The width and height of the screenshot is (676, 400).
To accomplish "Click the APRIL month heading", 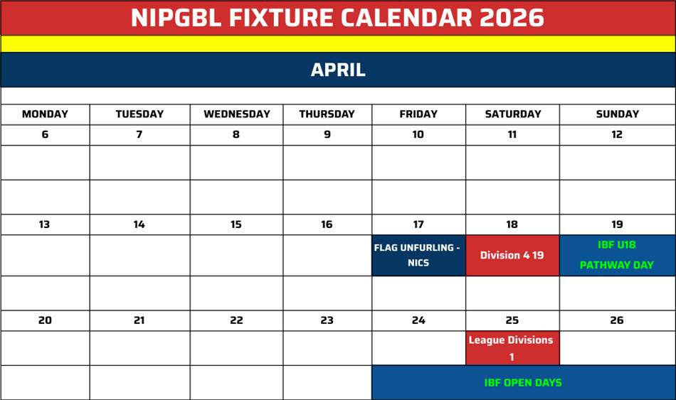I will coord(338,70).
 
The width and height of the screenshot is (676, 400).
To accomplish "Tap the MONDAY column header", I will coord(45,114).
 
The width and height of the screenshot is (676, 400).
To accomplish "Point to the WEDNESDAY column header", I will coord(236,114).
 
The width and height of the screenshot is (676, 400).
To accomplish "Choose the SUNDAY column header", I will coord(617,114).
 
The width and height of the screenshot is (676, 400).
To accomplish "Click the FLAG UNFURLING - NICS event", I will coord(418,255).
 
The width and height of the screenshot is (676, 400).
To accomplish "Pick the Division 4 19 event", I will coord(512,255).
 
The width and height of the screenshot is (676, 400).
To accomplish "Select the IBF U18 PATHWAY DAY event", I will coord(617,255).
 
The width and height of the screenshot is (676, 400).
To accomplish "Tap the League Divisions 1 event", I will coord(512,348).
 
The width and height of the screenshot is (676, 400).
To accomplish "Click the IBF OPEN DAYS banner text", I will coord(523,382).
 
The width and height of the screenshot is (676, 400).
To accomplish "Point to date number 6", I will coord(45,134).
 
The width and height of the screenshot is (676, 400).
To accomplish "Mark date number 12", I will coord(617,134).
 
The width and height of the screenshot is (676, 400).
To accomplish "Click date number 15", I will coord(236,225).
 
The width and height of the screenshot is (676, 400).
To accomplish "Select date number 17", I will coord(418,225).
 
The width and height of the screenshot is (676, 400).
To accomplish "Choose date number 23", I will coord(327,320).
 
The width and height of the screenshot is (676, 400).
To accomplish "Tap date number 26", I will coord(617,320).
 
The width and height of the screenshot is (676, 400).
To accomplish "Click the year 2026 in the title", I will coord(512,18).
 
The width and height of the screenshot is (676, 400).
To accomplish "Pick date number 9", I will coord(327,134).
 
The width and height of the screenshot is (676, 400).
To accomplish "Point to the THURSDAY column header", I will coord(327,114).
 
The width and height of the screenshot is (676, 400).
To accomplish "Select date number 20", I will coord(45,320).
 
